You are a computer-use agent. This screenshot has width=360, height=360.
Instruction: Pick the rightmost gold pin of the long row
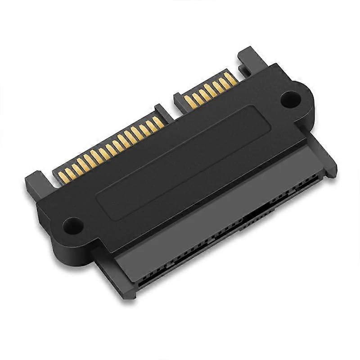click(157, 122)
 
